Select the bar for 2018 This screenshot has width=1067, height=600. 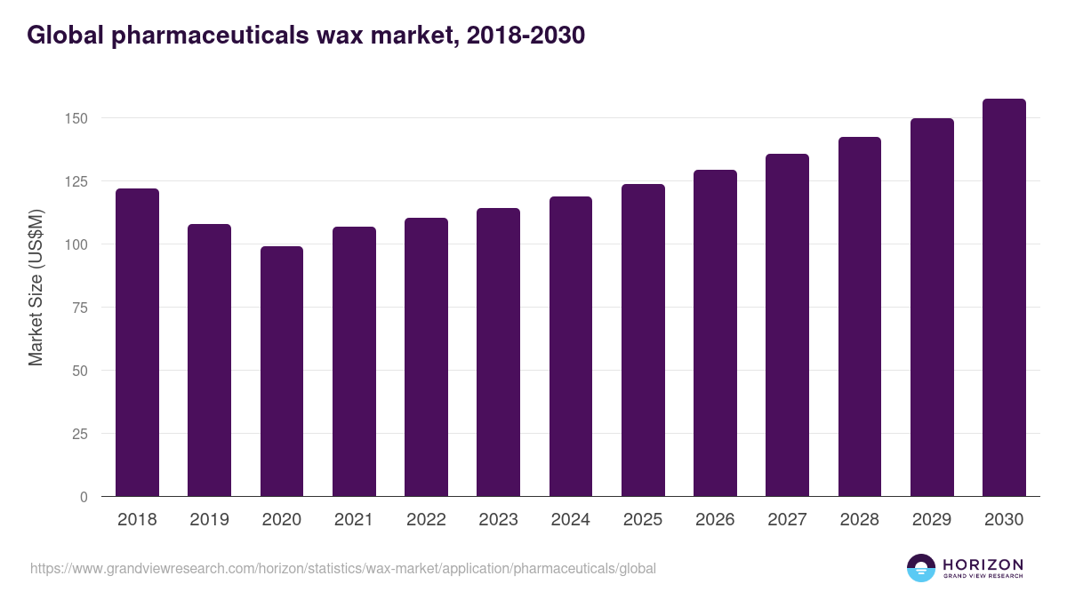coord(137,342)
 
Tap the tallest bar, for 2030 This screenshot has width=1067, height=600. coord(1004,298)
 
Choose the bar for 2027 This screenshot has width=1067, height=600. coord(787,325)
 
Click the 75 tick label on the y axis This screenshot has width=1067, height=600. coord(82,308)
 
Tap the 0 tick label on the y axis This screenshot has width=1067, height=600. coord(84,497)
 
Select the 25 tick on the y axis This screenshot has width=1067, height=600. coord(82,434)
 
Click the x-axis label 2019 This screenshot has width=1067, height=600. coord(209,520)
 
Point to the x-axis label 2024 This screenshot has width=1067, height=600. coord(570,520)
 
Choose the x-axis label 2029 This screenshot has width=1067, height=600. coord(932,520)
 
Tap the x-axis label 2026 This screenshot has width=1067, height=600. coord(715,520)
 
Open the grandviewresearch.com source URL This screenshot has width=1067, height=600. coord(343,568)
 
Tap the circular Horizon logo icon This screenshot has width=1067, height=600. coord(921,568)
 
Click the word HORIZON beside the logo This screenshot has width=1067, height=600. coord(983,564)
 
